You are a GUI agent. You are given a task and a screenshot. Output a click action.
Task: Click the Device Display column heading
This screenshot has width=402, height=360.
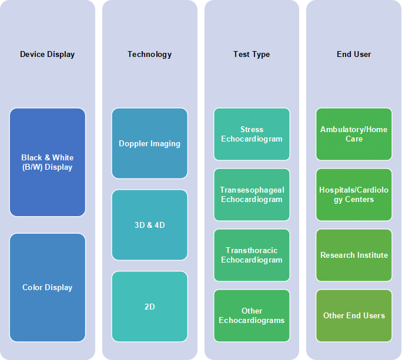tap(48, 54)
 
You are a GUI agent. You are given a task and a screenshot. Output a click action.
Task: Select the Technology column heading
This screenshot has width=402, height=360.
tap(150, 54)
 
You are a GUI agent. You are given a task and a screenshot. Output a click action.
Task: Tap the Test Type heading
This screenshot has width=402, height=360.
tap(252, 54)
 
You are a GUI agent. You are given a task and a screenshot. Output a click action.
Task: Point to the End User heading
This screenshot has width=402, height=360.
tap(354, 54)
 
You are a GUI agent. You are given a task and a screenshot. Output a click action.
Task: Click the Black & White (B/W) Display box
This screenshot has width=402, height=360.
tap(48, 162)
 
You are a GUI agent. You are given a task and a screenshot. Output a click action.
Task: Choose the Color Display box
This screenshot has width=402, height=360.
tap(48, 288)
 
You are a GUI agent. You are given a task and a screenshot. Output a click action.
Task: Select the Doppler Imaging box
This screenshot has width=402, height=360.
tap(150, 143)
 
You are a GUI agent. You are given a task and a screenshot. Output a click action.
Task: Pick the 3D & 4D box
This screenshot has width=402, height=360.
tap(150, 225)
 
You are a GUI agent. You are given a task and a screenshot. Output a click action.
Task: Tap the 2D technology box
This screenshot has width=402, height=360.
tap(150, 307)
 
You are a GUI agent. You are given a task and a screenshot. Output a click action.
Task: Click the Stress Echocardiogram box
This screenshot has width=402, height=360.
tap(252, 134)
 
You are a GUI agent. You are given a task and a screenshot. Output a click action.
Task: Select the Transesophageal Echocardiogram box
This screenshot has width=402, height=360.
tap(252, 195)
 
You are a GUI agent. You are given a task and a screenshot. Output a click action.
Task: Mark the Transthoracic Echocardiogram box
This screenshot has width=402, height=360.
tap(252, 255)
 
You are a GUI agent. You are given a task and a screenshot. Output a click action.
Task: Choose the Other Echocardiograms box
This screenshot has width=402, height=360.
tap(252, 316)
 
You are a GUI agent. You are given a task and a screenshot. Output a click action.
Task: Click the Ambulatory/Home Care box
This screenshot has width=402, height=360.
tap(354, 134)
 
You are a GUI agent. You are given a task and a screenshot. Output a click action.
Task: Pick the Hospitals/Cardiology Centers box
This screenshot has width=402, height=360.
tap(354, 195)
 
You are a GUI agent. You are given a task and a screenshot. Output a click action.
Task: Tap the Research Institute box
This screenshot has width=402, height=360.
tap(354, 255)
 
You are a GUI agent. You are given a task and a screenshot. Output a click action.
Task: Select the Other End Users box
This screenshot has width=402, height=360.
tap(354, 316)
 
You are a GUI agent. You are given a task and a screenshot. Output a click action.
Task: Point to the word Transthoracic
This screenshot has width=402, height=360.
tap(252, 250)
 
